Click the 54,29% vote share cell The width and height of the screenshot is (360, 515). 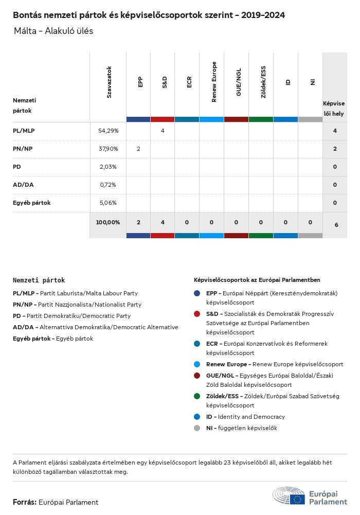[108, 131]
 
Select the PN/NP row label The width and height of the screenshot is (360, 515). [24, 149]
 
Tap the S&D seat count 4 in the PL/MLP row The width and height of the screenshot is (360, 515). [163, 131]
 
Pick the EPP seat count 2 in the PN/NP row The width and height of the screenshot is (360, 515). [138, 149]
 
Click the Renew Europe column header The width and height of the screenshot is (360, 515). [214, 82]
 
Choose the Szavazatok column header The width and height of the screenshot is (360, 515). [109, 82]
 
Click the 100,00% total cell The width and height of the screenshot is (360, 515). [108, 223]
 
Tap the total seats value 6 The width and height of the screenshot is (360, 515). [336, 225]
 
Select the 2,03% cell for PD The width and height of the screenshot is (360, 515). [108, 167]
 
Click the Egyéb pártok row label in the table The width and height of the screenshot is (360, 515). [32, 203]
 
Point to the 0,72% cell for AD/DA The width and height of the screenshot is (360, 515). [108, 185]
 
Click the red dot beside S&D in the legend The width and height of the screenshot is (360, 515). [197, 313]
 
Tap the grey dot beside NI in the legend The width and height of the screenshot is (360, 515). [197, 428]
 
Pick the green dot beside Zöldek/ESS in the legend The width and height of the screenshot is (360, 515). [197, 396]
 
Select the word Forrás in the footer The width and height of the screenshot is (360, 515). [24, 502]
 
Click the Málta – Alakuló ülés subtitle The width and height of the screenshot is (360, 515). [53, 31]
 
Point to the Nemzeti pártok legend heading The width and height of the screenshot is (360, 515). [39, 280]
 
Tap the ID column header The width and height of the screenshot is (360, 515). [288, 82]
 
